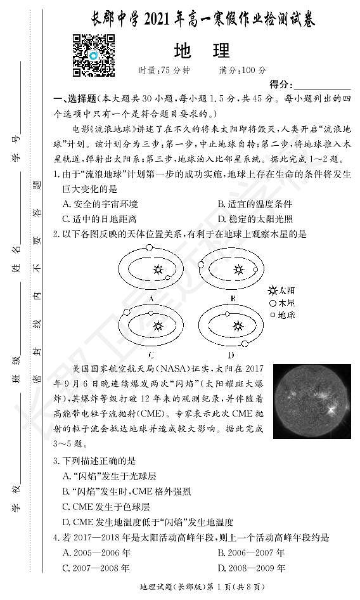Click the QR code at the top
(93, 55)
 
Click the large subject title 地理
(201, 50)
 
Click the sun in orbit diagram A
(157, 269)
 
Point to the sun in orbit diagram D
(238, 326)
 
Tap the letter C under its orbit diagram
(151, 354)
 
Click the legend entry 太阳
(282, 290)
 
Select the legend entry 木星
(282, 302)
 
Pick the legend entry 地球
(282, 314)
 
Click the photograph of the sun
(312, 401)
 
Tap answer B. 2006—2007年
(251, 552)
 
